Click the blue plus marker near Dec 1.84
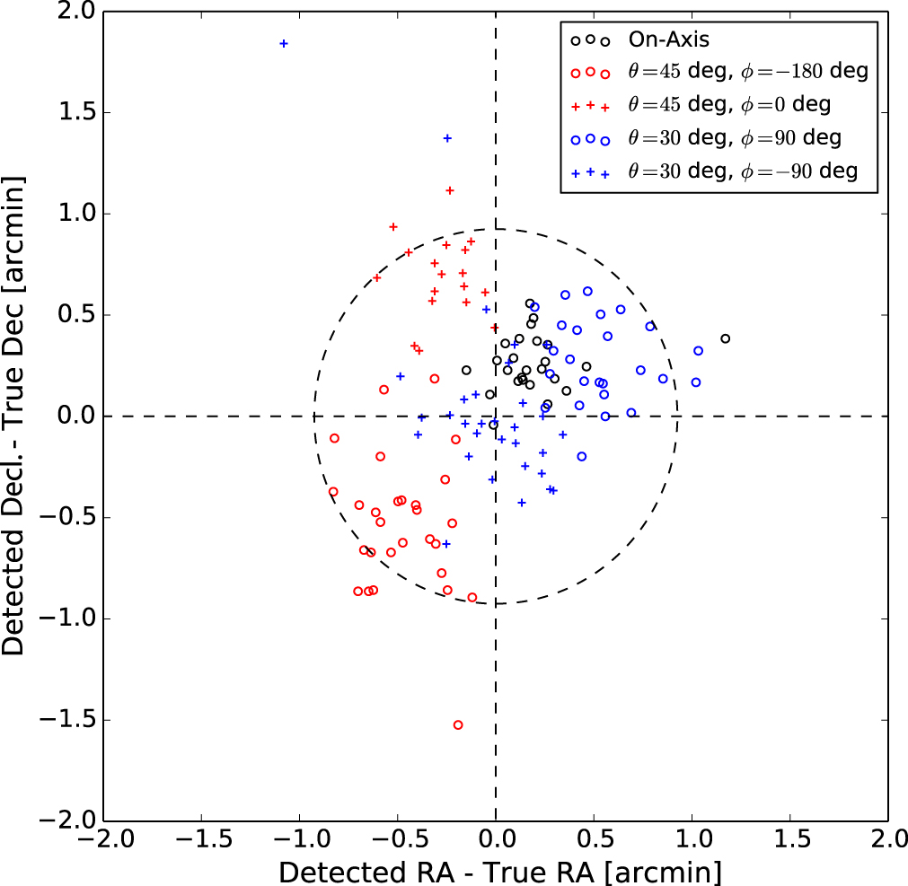coord(284,43)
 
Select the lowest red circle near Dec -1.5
coord(458,724)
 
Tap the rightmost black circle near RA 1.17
coord(725,338)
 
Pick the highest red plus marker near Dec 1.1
coord(450,190)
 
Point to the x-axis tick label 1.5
coord(789,844)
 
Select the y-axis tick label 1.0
coord(78,214)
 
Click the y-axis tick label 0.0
coord(78,417)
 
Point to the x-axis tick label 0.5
coord(594,844)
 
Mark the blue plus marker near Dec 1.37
coord(447,138)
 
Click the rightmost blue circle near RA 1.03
coord(698,351)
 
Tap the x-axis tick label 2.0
coord(887,844)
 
